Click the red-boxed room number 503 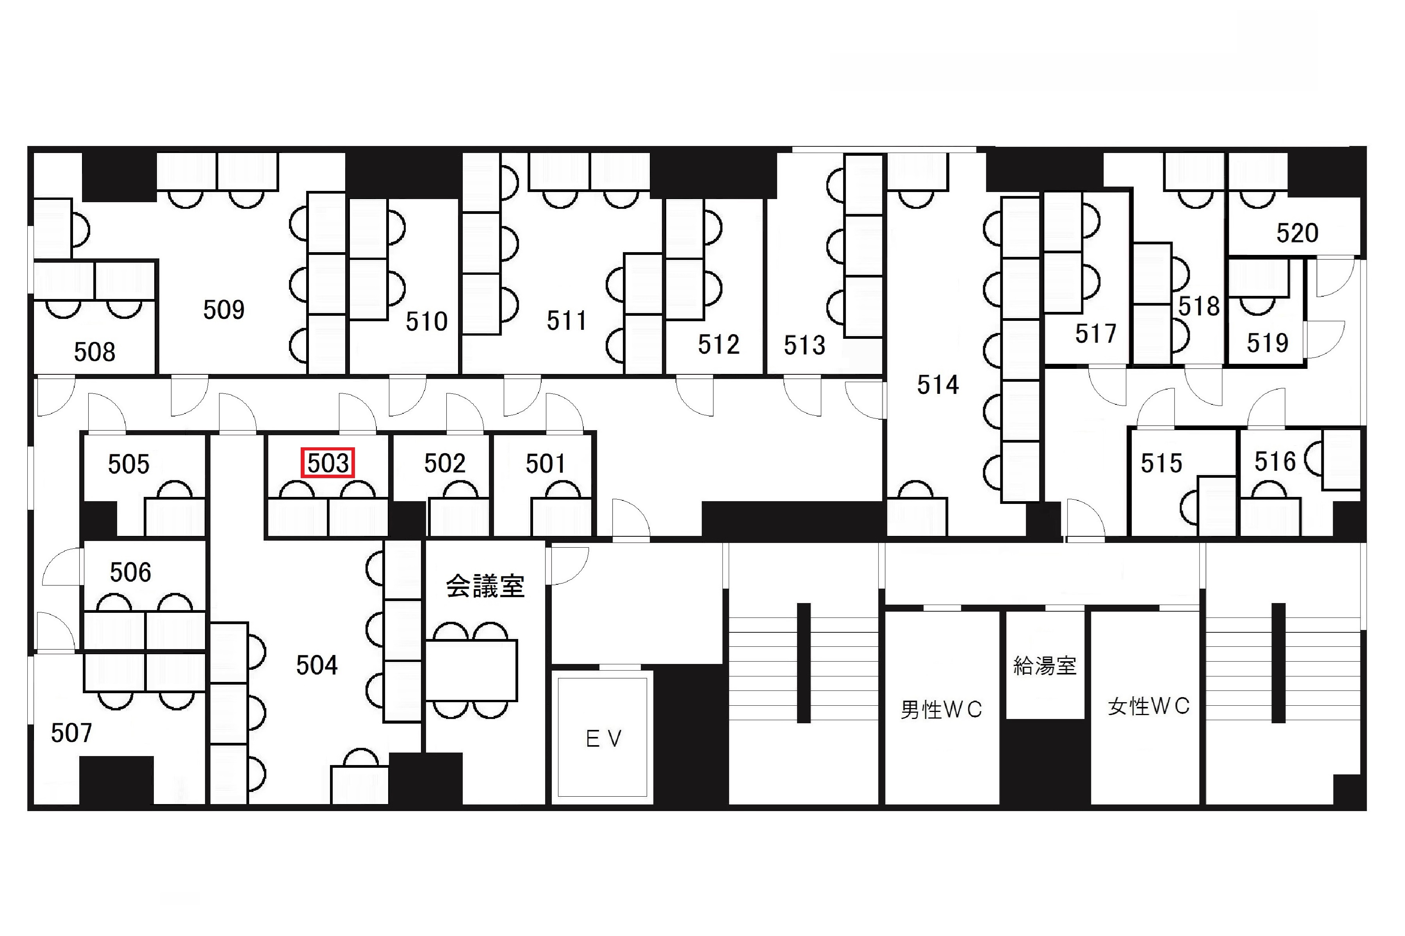328,463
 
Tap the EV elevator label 604,739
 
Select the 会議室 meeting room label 485,586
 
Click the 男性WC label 941,710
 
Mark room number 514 938,385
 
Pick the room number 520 1297,233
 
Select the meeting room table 471,670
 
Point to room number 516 1274,461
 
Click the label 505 128,464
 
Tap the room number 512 719,344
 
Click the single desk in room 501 561,517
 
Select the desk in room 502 458,517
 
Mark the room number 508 94,352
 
